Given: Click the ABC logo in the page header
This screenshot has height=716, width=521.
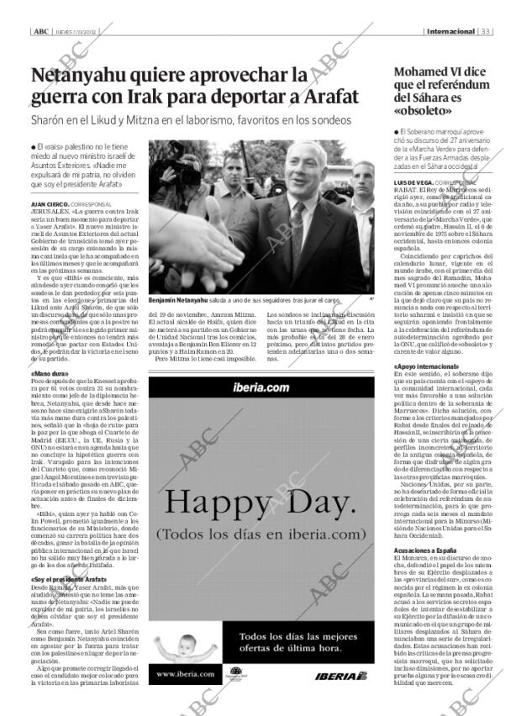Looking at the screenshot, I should (40, 32).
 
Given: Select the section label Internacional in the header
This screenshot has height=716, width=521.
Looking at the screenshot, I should (450, 32).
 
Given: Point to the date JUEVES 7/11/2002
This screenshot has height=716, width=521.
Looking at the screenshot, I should (75, 32).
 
